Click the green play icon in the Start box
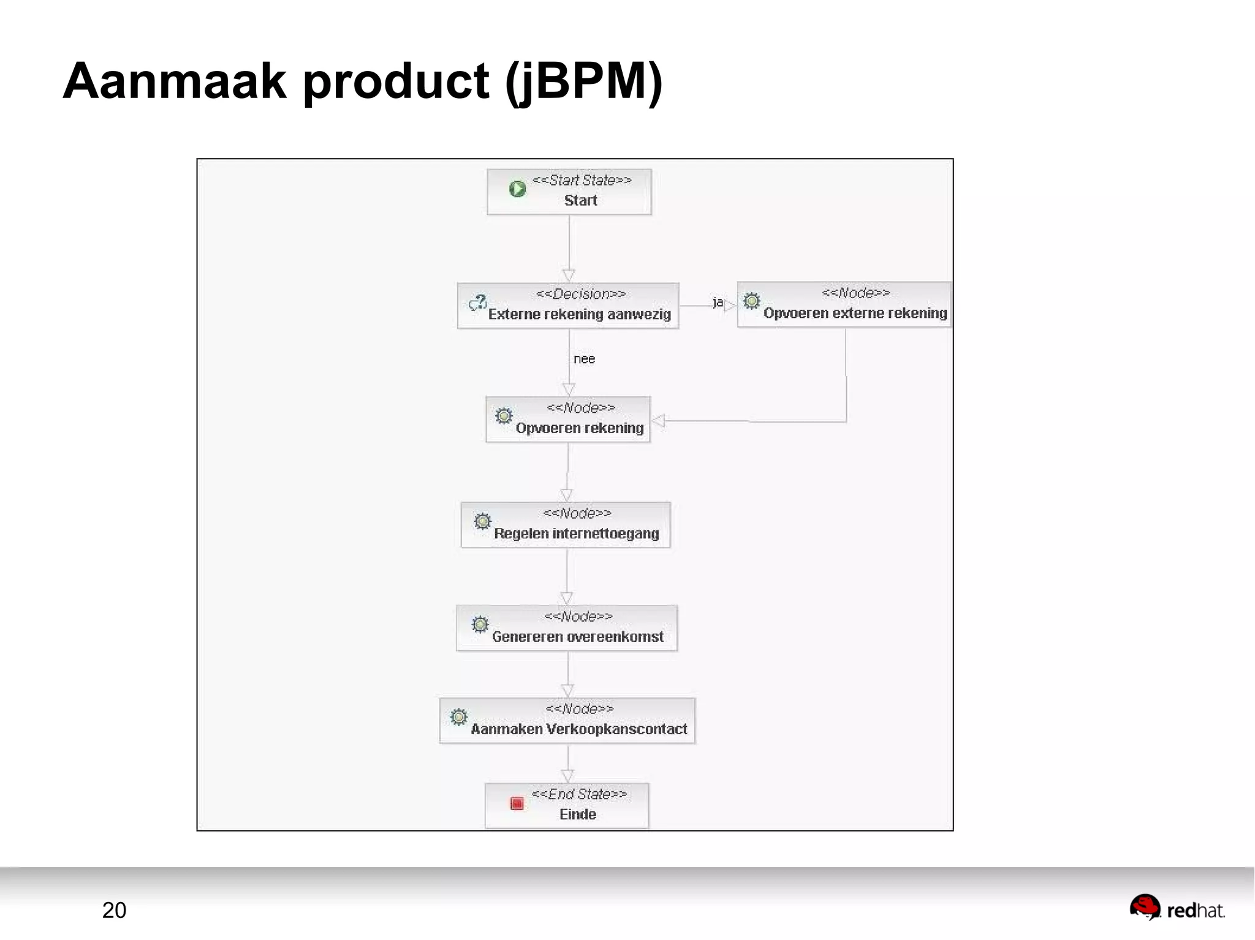(517, 189)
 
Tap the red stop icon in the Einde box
(517, 803)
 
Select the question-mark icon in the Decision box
(477, 303)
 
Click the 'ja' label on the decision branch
(718, 302)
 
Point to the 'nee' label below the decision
(584, 359)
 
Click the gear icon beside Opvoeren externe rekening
(751, 301)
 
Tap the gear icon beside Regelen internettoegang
(482, 521)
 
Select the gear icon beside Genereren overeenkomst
(480, 624)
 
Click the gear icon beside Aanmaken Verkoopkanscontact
(458, 716)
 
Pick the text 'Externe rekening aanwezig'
(579, 314)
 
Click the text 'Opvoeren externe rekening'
(855, 313)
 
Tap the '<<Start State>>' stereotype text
(582, 180)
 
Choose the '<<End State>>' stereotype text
(579, 794)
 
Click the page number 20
(114, 910)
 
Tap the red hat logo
(1145, 908)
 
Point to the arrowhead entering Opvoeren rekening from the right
(659, 421)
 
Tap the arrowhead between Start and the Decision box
(569, 275)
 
